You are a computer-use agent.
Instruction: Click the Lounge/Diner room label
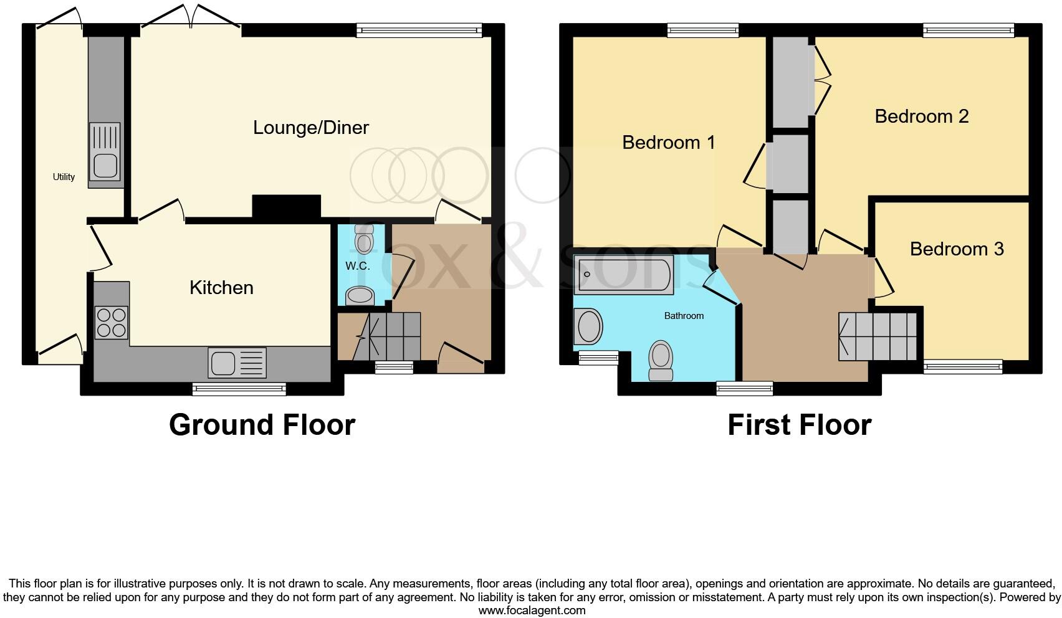pyautogui.click(x=310, y=128)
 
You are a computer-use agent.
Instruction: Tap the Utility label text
pyautogui.click(x=64, y=177)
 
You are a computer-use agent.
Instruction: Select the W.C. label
pyautogui.click(x=358, y=266)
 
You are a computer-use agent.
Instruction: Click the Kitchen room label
pyautogui.click(x=221, y=288)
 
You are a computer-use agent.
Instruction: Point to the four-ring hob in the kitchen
pyautogui.click(x=112, y=323)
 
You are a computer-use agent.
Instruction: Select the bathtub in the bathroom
pyautogui.click(x=623, y=274)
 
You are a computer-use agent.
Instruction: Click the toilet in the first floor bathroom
pyautogui.click(x=661, y=361)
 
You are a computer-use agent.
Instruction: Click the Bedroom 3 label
pyautogui.click(x=956, y=249)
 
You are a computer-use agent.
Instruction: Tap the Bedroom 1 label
pyautogui.click(x=668, y=143)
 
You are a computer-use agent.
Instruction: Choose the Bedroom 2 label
pyautogui.click(x=921, y=116)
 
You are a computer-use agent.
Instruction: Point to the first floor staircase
pyautogui.click(x=878, y=336)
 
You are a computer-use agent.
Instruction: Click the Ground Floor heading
pyautogui.click(x=262, y=425)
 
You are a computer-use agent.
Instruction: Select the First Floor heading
pyautogui.click(x=799, y=425)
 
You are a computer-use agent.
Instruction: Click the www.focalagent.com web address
pyautogui.click(x=532, y=611)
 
